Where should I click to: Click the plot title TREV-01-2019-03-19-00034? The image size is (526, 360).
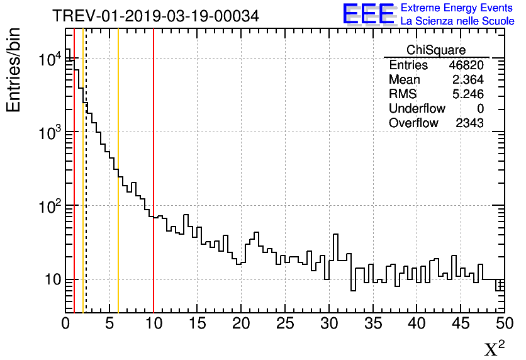(x=155, y=16)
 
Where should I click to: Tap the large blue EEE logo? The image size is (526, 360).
(x=368, y=14)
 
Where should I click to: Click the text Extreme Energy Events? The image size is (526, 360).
(x=457, y=8)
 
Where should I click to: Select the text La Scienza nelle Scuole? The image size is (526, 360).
(x=457, y=21)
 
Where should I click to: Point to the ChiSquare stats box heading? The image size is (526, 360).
(x=436, y=50)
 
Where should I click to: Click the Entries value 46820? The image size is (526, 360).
(x=466, y=65)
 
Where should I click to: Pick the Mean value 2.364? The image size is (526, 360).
(x=467, y=80)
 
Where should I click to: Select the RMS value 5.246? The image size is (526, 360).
(x=467, y=94)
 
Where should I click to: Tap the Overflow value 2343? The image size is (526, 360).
(x=469, y=123)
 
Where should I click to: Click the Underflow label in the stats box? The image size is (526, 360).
(x=417, y=109)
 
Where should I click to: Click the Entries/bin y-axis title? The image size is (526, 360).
(x=14, y=70)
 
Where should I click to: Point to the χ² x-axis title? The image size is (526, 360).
(x=494, y=348)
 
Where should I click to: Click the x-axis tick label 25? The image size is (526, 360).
(x=285, y=323)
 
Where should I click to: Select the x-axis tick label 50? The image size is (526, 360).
(x=503, y=323)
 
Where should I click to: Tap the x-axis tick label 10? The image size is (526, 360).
(x=154, y=323)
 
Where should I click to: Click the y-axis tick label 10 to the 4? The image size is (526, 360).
(x=50, y=60)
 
